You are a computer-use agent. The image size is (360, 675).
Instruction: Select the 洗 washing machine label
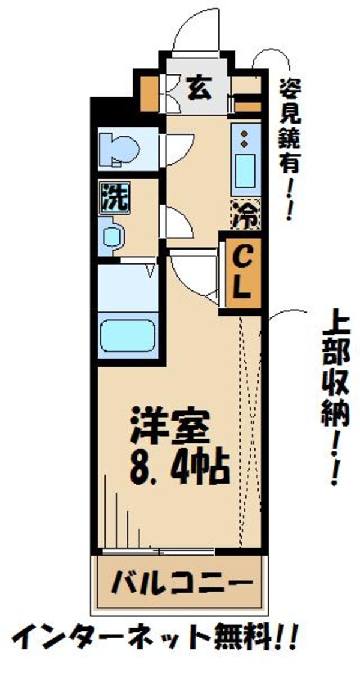pyautogui.click(x=115, y=196)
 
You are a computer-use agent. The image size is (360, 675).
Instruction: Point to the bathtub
pyautogui.click(x=127, y=337)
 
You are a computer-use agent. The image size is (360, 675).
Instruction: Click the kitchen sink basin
pyautogui.click(x=245, y=170)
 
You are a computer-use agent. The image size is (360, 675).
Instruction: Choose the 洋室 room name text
pyautogui.click(x=170, y=428)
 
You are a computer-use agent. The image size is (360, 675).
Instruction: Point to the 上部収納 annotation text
pyautogui.click(x=337, y=396)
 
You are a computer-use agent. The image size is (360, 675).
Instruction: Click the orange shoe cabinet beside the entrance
pyautogui.click(x=148, y=91)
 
